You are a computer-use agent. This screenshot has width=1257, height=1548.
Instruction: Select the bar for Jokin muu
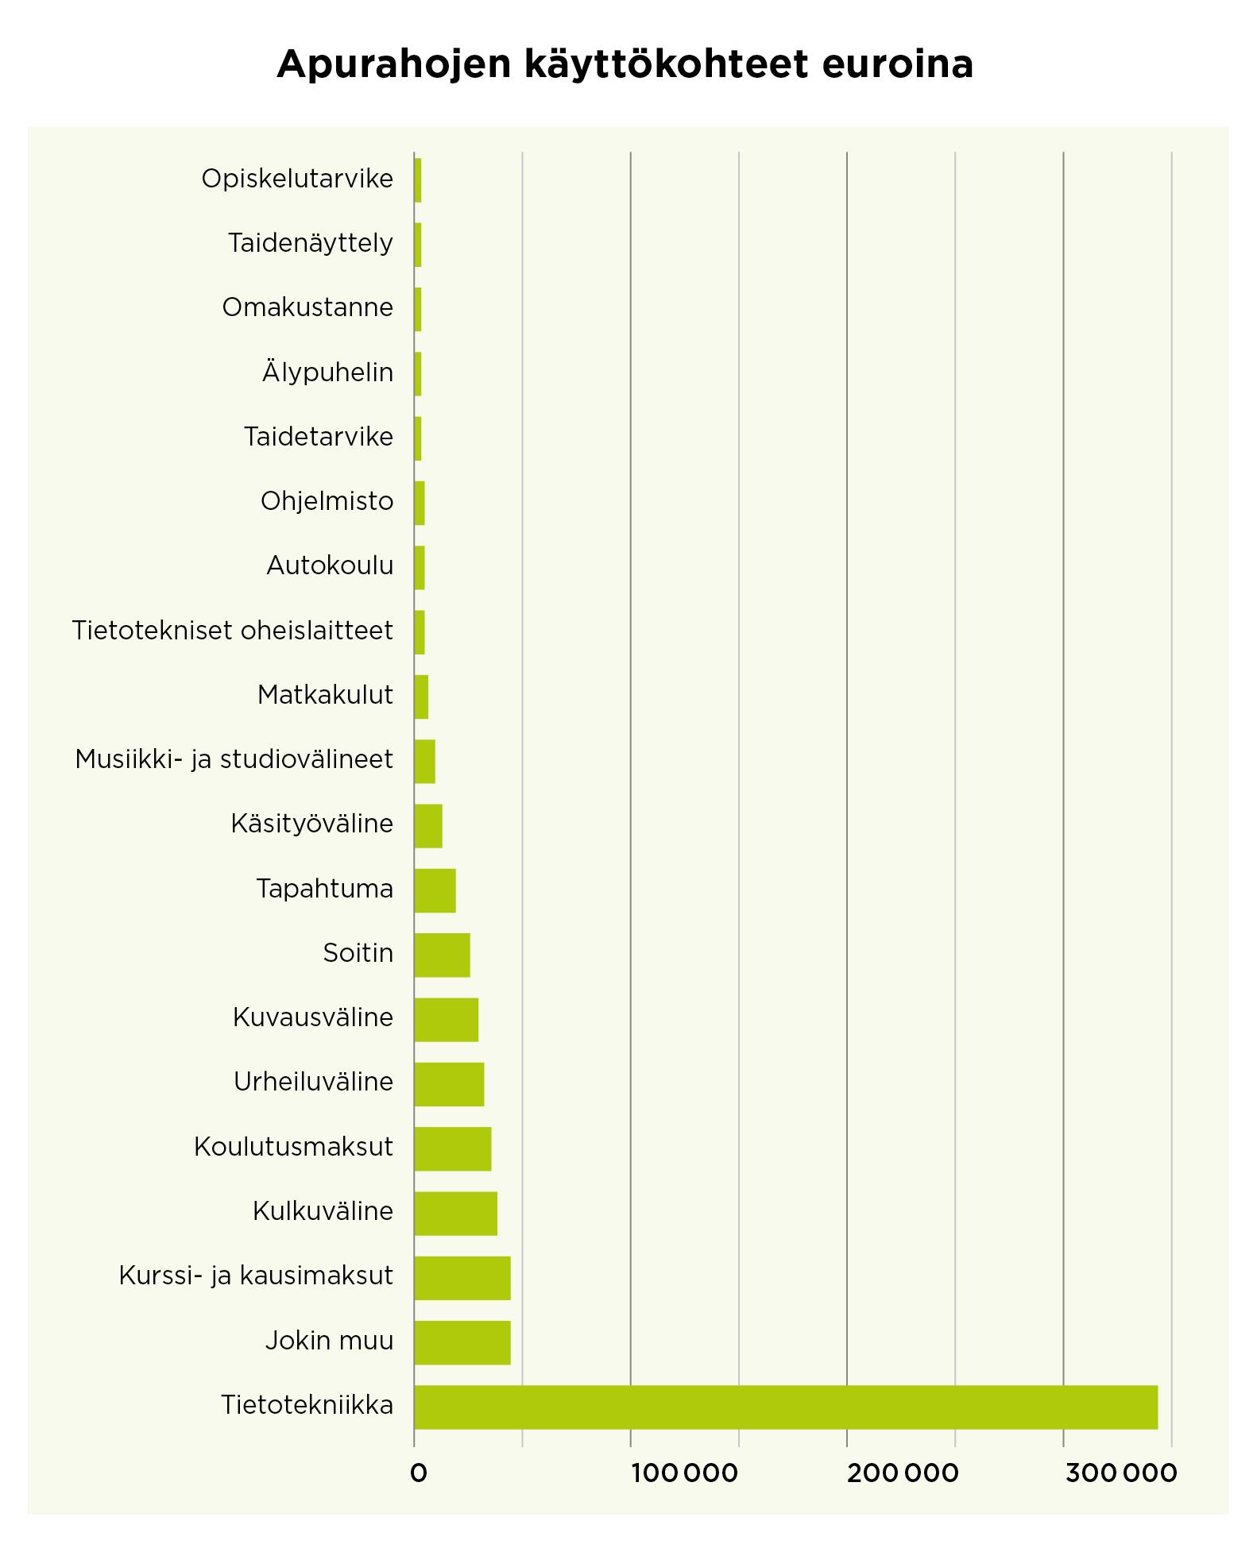tap(462, 1342)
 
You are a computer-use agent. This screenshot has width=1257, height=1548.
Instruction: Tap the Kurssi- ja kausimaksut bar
tap(462, 1277)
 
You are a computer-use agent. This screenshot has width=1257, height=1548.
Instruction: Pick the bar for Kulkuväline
tap(455, 1213)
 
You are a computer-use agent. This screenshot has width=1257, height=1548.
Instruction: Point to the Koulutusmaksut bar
tap(452, 1148)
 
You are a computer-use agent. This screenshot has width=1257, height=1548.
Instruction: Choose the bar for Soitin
tap(442, 955)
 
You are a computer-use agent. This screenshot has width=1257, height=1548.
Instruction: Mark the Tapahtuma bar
tap(435, 890)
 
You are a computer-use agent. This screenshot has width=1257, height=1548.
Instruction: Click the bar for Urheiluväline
tap(449, 1083)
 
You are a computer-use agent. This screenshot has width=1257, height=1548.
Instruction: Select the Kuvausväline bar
tap(446, 1019)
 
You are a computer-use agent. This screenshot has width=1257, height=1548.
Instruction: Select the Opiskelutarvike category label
tap(297, 179)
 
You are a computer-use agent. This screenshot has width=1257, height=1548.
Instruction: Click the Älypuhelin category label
tap(327, 372)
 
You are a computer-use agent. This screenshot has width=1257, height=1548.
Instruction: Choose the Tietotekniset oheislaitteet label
tap(232, 630)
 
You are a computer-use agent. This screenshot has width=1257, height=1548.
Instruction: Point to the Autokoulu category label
tap(330, 566)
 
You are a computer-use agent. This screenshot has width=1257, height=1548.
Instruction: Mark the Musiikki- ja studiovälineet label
tap(234, 759)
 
